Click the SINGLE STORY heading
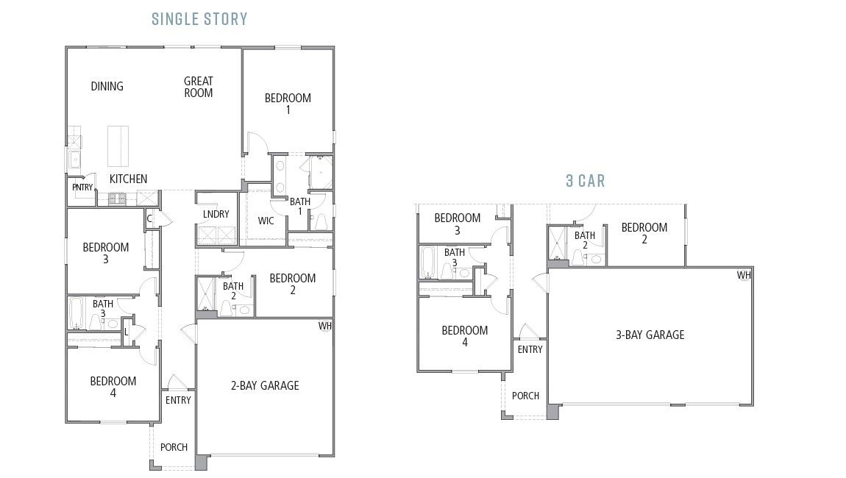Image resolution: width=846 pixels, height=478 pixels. click(199, 19)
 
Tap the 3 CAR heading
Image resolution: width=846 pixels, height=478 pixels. click(586, 180)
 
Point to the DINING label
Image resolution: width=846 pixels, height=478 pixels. click(107, 87)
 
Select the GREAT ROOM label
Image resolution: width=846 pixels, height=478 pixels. click(199, 87)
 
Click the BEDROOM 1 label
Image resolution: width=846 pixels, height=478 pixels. click(288, 104)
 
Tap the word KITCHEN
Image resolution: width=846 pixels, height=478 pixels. click(128, 179)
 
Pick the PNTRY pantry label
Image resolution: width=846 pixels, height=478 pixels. click(82, 188)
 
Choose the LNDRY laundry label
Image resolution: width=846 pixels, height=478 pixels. click(216, 215)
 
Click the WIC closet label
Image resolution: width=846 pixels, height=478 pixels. click(266, 221)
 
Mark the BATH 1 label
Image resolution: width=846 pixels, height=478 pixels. click(299, 206)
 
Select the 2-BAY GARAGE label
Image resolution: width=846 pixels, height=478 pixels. click(265, 385)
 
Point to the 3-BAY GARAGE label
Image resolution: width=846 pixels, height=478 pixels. click(650, 335)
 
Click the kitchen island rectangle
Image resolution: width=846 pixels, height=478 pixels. click(118, 146)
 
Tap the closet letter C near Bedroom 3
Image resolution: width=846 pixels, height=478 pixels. click(149, 218)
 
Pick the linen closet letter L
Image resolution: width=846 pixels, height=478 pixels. click(127, 332)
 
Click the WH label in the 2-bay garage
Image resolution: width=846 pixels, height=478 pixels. click(324, 326)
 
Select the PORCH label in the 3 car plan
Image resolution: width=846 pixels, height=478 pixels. click(525, 396)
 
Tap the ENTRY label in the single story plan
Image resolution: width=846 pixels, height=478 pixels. click(178, 400)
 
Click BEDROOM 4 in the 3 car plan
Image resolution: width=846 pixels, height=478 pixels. click(464, 336)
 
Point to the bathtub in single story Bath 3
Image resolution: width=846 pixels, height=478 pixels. click(77, 312)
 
